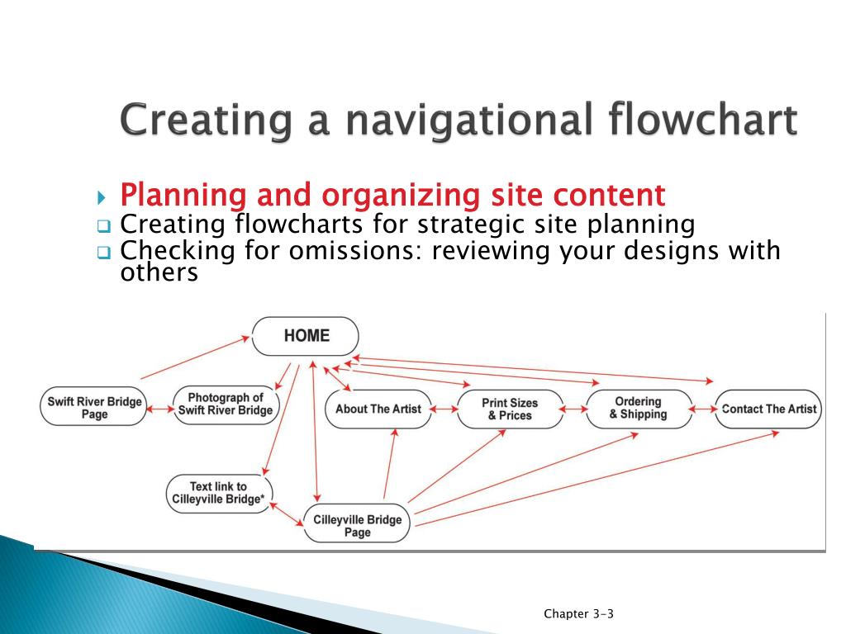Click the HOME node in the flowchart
point(306,336)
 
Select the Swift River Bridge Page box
point(94,408)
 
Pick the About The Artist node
point(378,409)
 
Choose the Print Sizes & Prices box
point(509,409)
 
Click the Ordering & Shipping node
point(638,408)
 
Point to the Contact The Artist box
point(768,409)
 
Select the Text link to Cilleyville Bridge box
point(219,493)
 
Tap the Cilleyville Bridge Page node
point(357,526)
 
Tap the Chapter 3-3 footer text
point(578,613)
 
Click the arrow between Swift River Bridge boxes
point(159,409)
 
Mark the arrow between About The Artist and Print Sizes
point(444,409)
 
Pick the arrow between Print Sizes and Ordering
point(573,409)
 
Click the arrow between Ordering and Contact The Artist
point(703,409)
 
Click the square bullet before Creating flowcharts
point(103,226)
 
